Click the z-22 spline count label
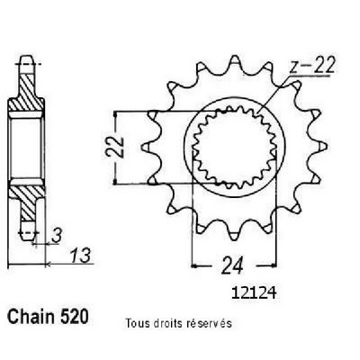click(x=312, y=66)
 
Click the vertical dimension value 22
click(x=115, y=147)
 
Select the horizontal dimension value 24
click(x=232, y=265)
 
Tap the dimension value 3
click(x=57, y=236)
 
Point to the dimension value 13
click(x=80, y=256)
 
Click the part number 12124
click(x=254, y=293)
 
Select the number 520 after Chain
click(x=75, y=316)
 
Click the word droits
click(x=167, y=323)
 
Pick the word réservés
click(x=209, y=323)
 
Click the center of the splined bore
click(x=234, y=148)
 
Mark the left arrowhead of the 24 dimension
click(x=195, y=265)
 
